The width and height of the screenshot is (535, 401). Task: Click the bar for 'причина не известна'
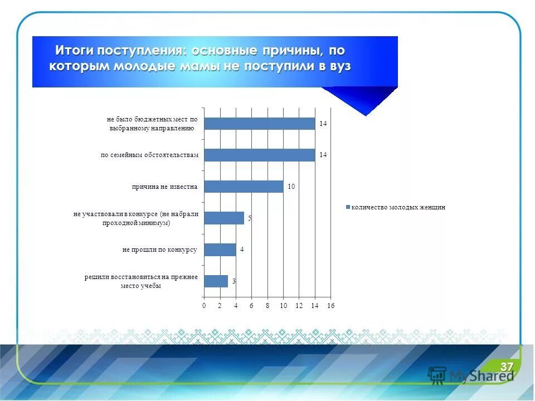(x=244, y=187)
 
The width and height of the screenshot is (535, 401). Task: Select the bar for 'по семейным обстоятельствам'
(x=260, y=155)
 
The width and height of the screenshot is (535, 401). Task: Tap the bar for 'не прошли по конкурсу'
(x=220, y=250)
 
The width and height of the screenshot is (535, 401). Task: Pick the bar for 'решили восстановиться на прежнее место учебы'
(x=216, y=281)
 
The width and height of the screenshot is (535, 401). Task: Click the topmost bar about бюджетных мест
(x=260, y=123)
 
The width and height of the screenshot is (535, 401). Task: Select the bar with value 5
(x=224, y=218)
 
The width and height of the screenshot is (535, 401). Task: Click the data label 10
(x=291, y=187)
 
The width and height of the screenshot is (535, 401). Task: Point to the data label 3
(x=234, y=282)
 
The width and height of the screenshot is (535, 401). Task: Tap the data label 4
(x=242, y=250)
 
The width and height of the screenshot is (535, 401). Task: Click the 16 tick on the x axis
(x=331, y=305)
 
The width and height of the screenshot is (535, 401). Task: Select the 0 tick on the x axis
(x=204, y=305)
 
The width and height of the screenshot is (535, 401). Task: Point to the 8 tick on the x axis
(x=267, y=305)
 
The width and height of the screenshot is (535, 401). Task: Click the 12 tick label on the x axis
(x=299, y=305)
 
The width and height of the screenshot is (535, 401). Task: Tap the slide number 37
(x=506, y=366)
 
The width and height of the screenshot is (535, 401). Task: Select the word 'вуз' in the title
(x=338, y=66)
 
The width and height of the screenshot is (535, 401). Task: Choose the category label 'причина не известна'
(x=165, y=187)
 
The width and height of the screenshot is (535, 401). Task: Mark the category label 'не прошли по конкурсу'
(x=160, y=250)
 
